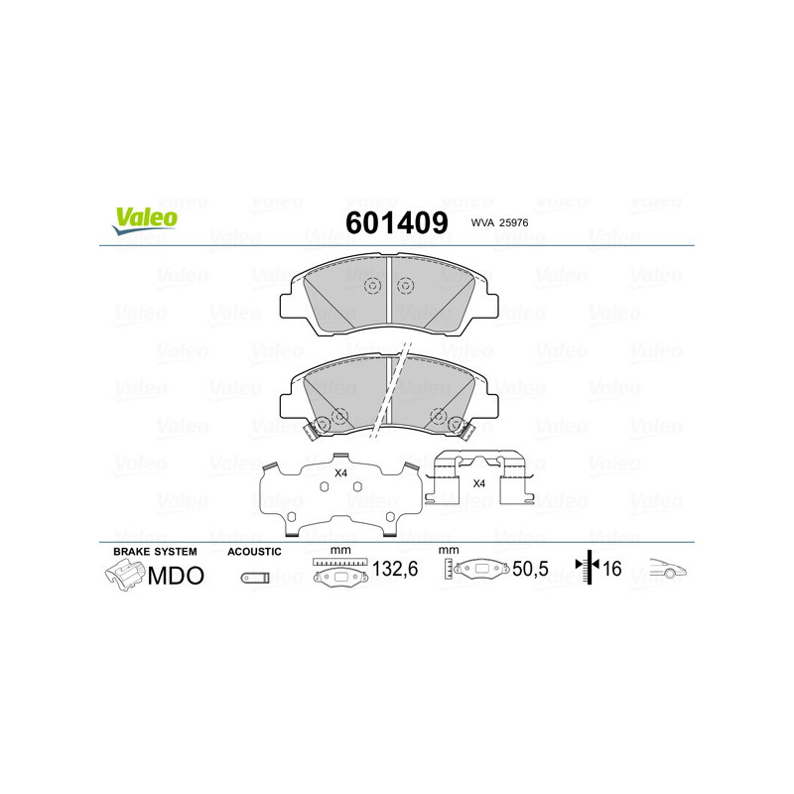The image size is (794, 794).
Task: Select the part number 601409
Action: (396, 223)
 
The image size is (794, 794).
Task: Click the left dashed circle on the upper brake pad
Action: (373, 286)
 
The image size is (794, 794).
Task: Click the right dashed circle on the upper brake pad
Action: (405, 286)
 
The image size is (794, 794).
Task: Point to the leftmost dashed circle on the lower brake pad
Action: (339, 416)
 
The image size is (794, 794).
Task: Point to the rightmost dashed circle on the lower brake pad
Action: (438, 416)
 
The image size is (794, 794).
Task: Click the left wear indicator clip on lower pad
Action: (320, 428)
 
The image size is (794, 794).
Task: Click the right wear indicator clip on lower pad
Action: (459, 428)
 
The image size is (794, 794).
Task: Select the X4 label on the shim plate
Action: (340, 473)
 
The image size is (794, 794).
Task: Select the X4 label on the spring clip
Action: (478, 483)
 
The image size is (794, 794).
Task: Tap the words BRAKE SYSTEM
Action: (155, 551)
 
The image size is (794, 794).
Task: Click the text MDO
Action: (176, 575)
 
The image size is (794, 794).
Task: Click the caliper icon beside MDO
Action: (124, 575)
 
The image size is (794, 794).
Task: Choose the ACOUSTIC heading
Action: (255, 551)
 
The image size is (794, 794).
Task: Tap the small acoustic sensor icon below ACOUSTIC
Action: (255, 576)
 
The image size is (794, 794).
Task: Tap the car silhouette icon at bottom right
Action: (668, 570)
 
